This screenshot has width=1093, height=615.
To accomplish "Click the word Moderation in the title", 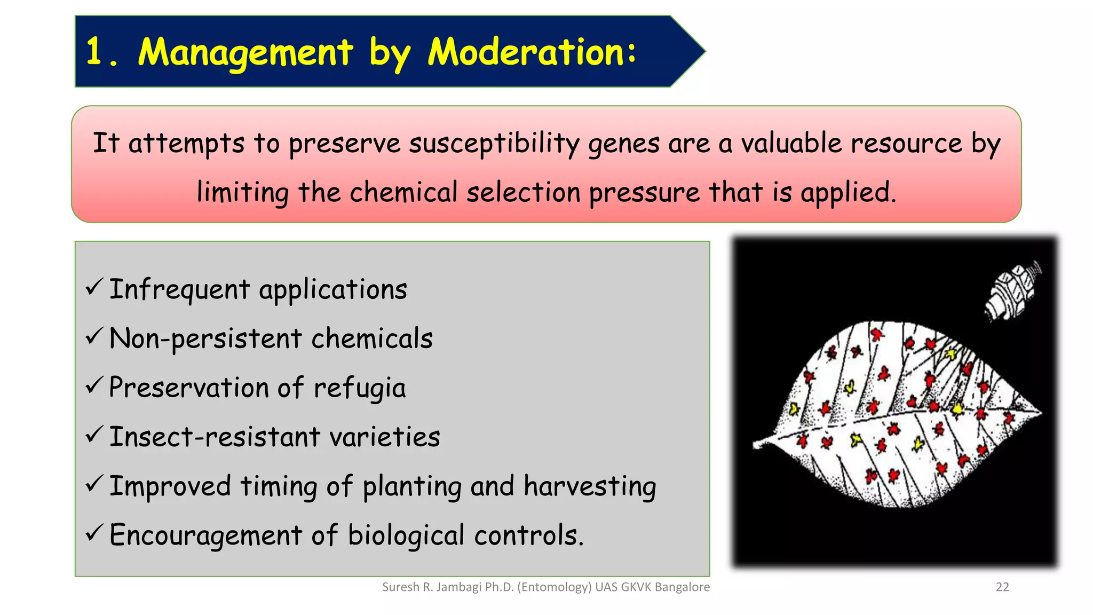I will [531, 52].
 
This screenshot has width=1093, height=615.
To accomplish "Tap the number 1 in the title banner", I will [94, 52].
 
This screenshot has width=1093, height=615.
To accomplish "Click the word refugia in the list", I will [359, 388].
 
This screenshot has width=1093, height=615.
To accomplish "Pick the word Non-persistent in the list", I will [205, 339].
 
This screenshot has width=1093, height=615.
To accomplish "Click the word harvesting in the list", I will [590, 486].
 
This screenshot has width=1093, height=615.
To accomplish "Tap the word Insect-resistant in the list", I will [213, 437].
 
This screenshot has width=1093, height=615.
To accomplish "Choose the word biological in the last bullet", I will [406, 535].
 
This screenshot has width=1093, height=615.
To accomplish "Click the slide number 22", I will [1002, 587].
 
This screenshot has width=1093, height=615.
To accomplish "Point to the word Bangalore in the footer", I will [682, 587].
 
